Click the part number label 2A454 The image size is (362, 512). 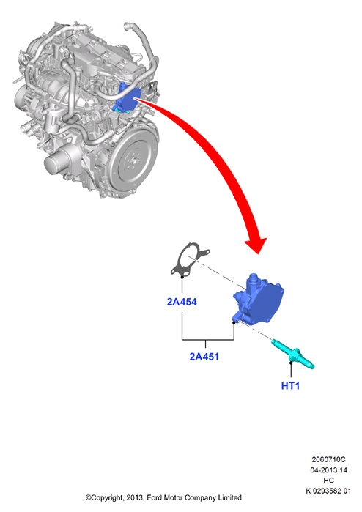tap(182, 302)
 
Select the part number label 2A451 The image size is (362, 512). tap(204, 357)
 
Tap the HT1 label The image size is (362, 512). tap(290, 385)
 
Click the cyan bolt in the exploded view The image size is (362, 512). tap(292, 354)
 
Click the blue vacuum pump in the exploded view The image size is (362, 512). tap(258, 300)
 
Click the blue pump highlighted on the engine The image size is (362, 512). tap(127, 98)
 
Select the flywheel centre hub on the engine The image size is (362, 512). tap(133, 160)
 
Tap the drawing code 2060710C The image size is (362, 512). tap(328, 459)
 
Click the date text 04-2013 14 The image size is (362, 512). tap(329, 470)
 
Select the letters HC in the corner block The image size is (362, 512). tap(329, 481)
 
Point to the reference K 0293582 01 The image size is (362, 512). tap(328, 491)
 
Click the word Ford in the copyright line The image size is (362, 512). tap(154, 497)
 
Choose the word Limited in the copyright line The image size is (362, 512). tap(229, 497)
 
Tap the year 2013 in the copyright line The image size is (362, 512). tap(134, 497)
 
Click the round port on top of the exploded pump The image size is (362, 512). tap(253, 278)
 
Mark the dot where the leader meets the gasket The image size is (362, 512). tap(182, 277)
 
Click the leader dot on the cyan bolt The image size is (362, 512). tap(291, 362)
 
